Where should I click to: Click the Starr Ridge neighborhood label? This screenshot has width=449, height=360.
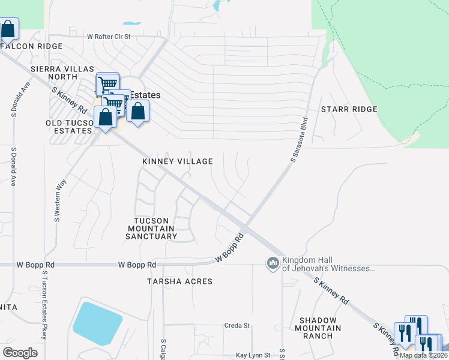pyautogui.click(x=349, y=109)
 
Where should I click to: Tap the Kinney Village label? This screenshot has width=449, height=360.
pyautogui.click(x=177, y=161)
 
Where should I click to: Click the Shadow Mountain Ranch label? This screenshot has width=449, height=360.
pyautogui.click(x=318, y=328)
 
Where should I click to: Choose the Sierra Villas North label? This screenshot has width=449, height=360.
pyautogui.click(x=54, y=73)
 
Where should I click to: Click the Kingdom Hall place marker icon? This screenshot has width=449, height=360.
pyautogui.click(x=273, y=263)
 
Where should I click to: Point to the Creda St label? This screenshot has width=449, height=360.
pyautogui.click(x=237, y=326)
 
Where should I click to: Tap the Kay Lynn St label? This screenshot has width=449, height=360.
pyautogui.click(x=254, y=355)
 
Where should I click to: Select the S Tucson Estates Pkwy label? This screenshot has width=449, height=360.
pyautogui.click(x=44, y=313)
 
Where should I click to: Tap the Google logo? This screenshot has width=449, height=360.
pyautogui.click(x=20, y=353)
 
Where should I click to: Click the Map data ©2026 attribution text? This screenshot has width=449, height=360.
pyautogui.click(x=423, y=355)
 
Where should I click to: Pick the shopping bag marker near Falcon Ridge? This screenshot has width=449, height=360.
pyautogui.click(x=8, y=29)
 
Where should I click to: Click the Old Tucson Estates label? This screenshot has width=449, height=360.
pyautogui.click(x=70, y=127)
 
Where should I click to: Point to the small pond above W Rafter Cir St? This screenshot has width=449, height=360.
pyautogui.click(x=130, y=24)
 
